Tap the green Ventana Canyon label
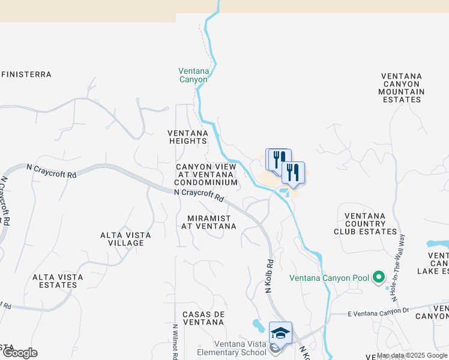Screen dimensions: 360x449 click(193, 75)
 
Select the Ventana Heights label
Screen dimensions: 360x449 click(187, 137)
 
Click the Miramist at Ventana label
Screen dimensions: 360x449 click(208, 222)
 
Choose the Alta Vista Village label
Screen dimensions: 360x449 click(126, 239)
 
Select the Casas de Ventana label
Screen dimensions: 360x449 click(203, 318)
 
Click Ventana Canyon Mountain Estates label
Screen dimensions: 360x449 click(401, 88)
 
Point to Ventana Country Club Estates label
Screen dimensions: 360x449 click(371, 223)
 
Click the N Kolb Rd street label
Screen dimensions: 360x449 click(270, 276)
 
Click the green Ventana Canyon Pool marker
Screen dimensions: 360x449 click(378, 277)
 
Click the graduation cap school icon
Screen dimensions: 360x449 click(280, 332)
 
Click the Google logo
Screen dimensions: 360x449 click(19, 353)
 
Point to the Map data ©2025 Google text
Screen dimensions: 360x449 click(411, 355)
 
